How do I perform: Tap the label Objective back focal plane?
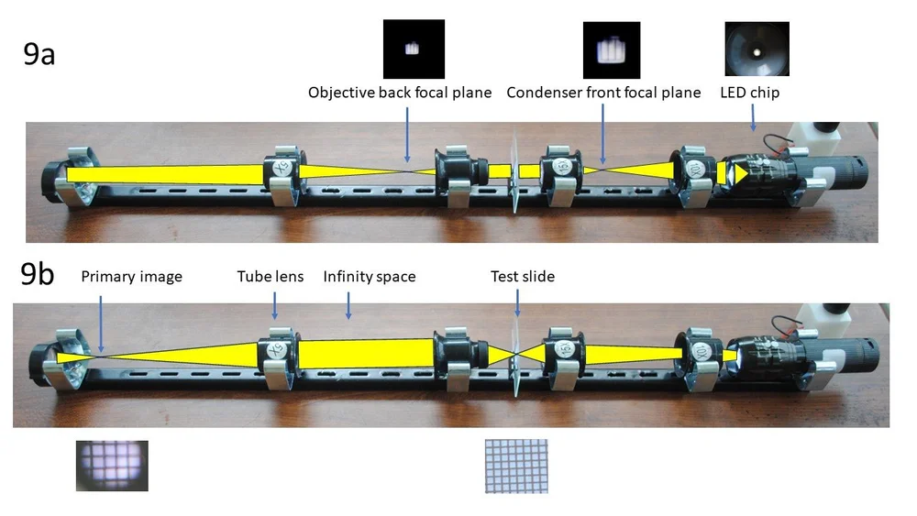[x=400, y=93]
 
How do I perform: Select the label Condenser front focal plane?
[x=603, y=93]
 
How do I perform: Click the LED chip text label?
[x=751, y=93]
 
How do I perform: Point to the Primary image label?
[x=131, y=277]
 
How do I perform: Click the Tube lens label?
[x=271, y=277]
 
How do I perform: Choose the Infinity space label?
[x=370, y=277]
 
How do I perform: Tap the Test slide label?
[x=523, y=277]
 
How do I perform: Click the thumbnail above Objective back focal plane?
[x=414, y=49]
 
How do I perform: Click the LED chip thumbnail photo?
[x=757, y=49]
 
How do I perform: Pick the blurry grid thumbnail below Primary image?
[x=112, y=466]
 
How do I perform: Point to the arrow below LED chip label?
[x=753, y=118]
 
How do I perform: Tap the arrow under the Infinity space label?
[x=347, y=305]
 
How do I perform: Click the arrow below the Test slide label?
[x=517, y=306]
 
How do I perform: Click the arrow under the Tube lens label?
[x=272, y=306]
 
